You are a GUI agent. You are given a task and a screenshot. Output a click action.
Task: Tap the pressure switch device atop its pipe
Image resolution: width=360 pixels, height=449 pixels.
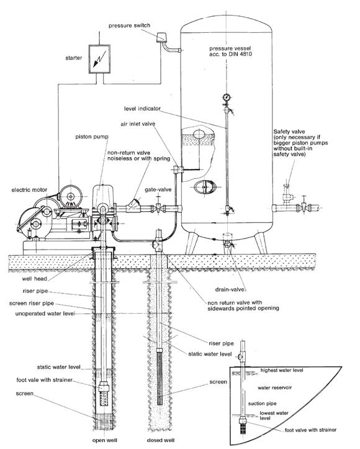coord(161,37)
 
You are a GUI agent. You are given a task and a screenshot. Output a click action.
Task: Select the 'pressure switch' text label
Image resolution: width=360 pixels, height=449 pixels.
coord(129,25)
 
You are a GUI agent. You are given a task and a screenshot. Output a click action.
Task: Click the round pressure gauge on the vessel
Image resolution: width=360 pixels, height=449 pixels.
coord(227,98)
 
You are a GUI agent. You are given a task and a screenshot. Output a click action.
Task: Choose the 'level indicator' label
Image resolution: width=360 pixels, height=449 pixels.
coord(142,109)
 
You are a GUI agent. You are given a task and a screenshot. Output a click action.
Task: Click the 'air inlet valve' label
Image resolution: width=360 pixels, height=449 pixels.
coord(138,124)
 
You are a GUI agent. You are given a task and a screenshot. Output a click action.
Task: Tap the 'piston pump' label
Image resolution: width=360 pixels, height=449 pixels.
coord(92,137)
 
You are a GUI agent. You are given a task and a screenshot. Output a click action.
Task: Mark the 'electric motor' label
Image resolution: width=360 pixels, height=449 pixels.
coord(29,190)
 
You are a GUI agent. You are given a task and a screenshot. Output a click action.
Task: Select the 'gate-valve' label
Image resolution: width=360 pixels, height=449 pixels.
coord(158,189)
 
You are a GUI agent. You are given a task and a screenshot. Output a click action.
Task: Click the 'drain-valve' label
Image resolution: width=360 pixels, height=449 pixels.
coord(230,289)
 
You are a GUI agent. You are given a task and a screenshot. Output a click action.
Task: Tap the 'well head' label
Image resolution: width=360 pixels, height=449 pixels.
coord(34,279)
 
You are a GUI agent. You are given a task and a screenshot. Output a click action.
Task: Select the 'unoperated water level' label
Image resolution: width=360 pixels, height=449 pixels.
coord(45,314)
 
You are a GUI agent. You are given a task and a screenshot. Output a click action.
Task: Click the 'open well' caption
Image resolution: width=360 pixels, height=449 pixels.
coord(105,440)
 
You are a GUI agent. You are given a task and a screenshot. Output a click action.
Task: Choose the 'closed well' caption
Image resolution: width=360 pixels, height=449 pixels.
coord(161,440)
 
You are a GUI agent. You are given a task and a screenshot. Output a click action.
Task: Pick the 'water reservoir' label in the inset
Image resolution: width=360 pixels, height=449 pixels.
coord(275,388)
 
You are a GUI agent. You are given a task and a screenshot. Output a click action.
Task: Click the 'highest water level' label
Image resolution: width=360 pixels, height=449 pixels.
coord(282,371)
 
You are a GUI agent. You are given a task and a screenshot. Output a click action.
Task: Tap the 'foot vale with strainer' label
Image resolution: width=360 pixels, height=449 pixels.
coord(44,380)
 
